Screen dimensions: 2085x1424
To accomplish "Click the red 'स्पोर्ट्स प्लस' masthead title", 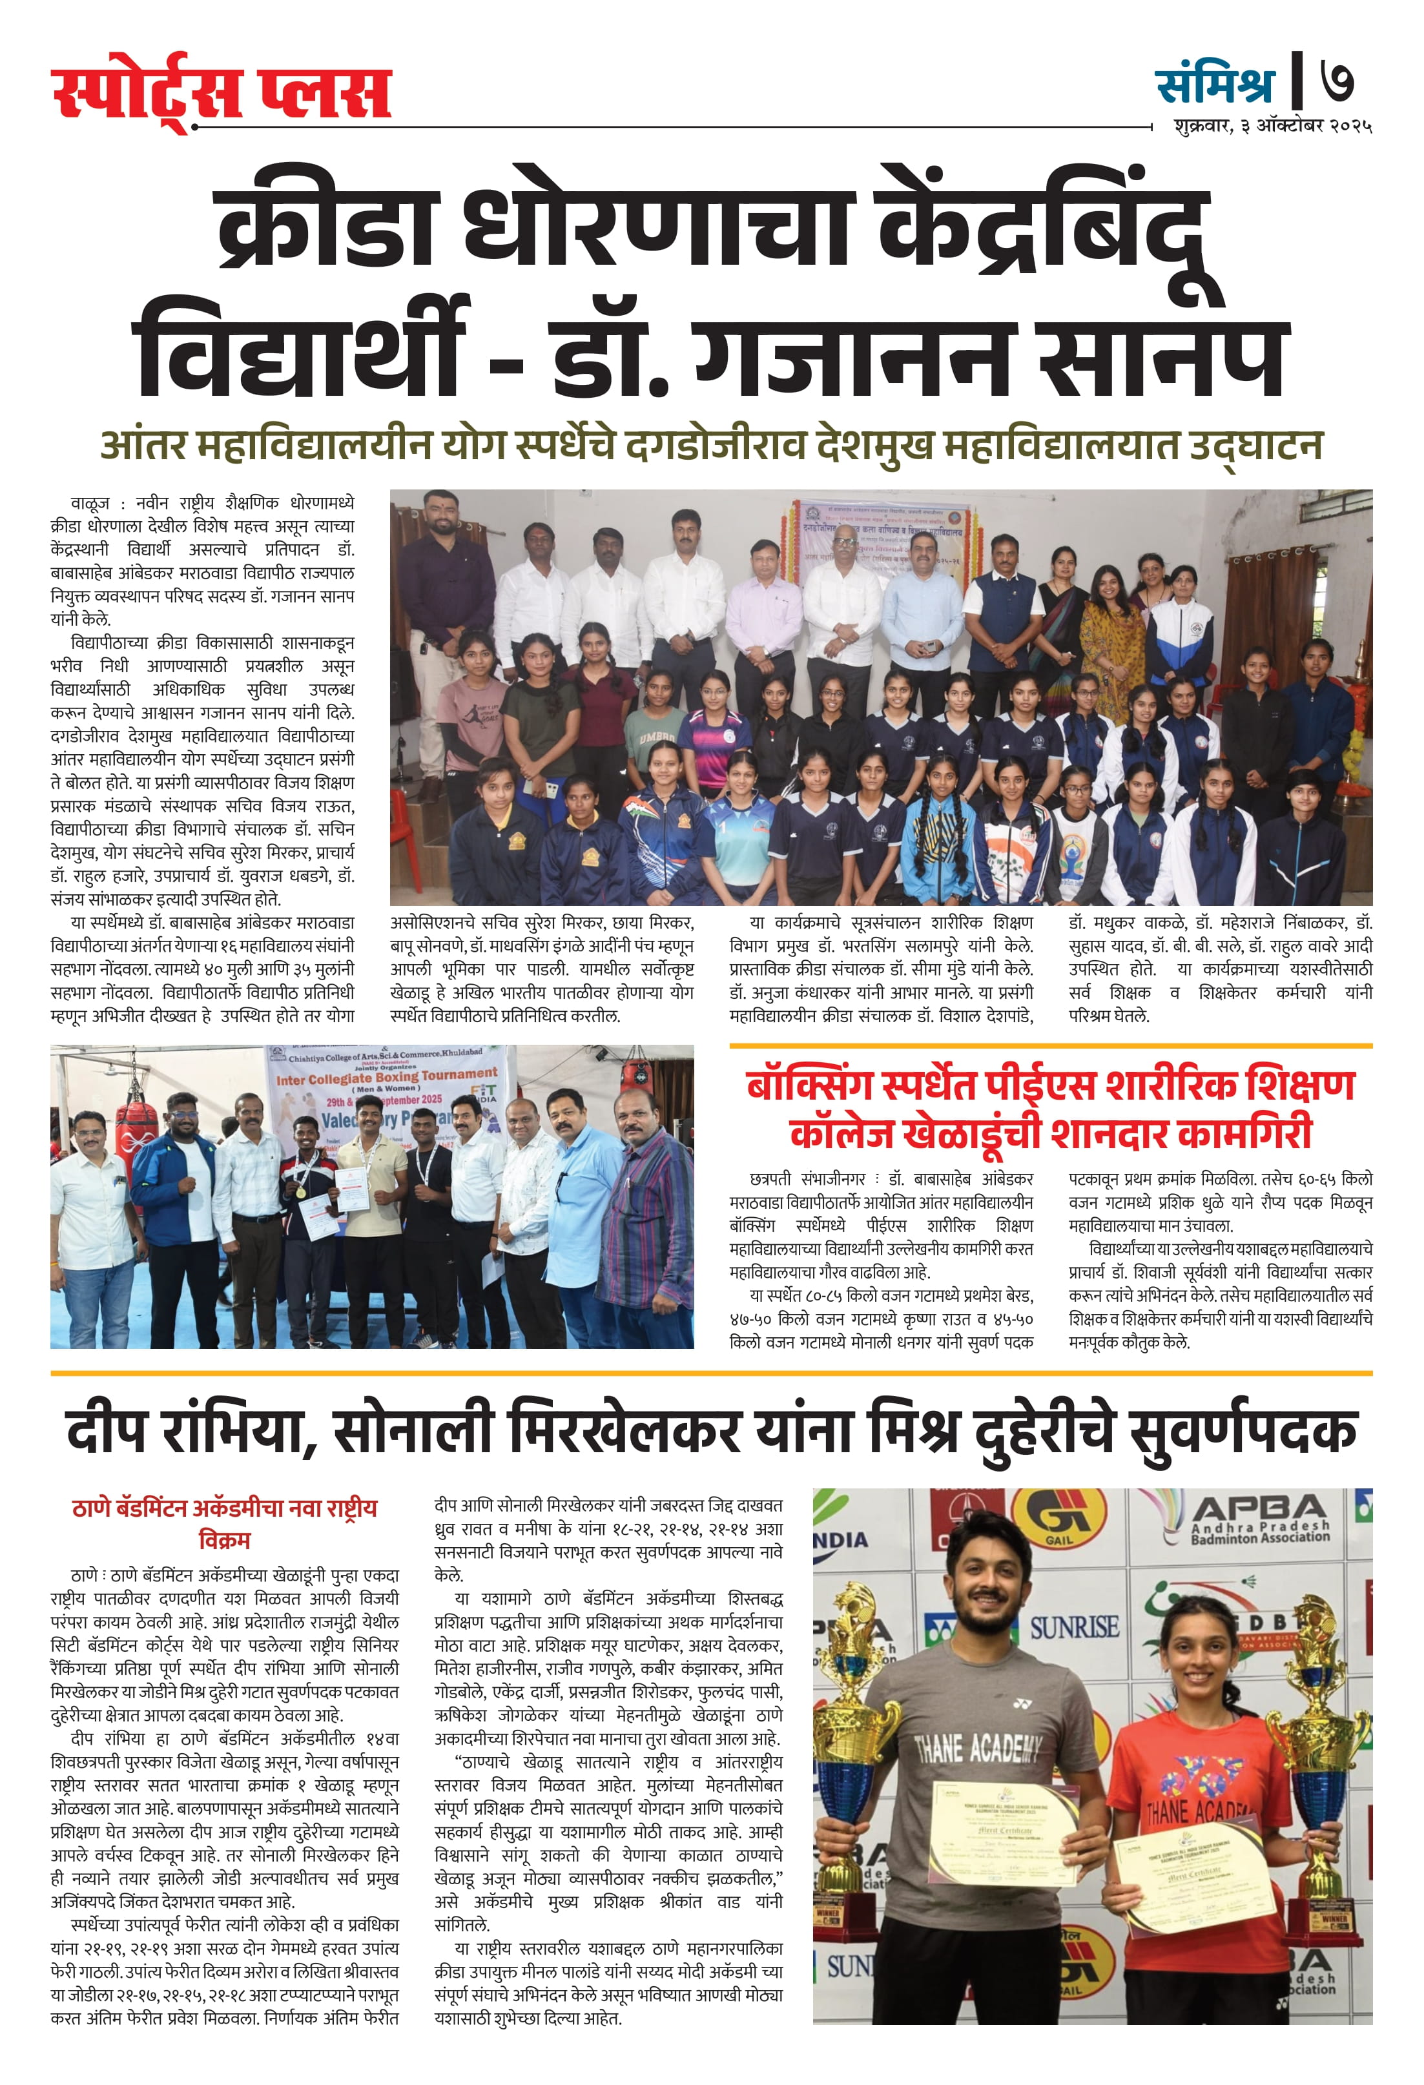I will coord(221,92).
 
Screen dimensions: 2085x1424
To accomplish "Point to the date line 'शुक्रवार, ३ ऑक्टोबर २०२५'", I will coord(1272,126).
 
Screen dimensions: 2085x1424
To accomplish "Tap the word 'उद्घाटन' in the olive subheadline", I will coord(1255,446).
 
